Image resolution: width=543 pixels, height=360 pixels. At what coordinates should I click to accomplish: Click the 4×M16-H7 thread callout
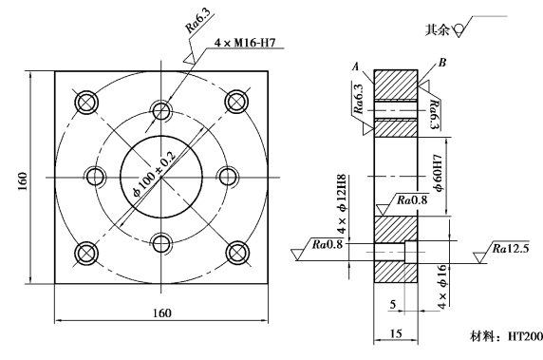coord(245,43)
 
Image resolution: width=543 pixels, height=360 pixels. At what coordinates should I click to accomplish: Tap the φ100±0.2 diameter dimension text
coord(155,174)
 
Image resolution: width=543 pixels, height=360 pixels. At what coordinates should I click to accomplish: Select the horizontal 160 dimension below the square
coord(162,313)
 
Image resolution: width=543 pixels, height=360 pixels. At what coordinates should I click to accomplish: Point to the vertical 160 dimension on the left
coord(22,180)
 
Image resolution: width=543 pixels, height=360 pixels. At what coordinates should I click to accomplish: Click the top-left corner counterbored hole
coord(86,103)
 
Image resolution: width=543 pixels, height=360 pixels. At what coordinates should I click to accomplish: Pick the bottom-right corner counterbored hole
coord(237,253)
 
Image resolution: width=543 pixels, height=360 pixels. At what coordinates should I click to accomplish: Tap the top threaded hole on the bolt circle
coord(161,110)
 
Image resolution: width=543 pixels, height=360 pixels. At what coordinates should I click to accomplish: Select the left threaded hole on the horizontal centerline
coord(95,177)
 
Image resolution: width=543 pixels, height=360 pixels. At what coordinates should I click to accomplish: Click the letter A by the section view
coord(356,66)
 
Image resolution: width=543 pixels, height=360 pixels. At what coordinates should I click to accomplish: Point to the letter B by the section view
coord(442,63)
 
